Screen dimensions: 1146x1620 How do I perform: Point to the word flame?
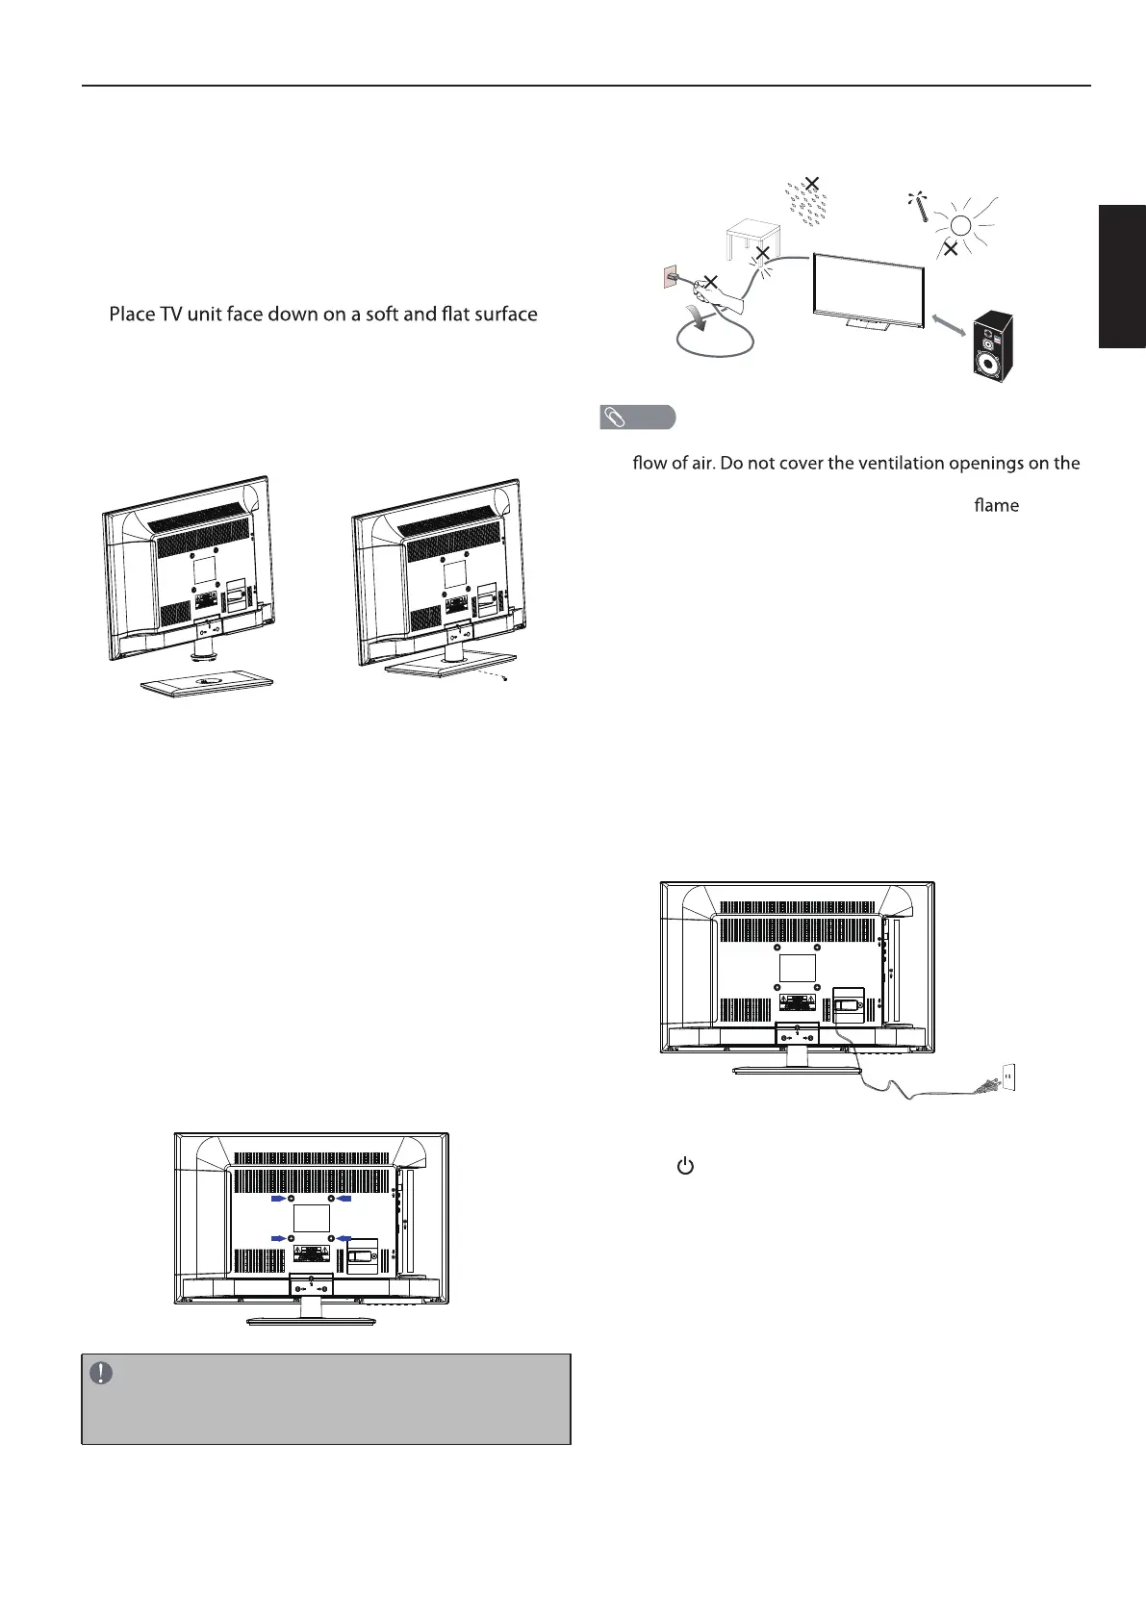click(x=996, y=505)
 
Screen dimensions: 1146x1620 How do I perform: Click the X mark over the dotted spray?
click(x=813, y=183)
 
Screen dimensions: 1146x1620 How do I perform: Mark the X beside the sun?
click(x=951, y=249)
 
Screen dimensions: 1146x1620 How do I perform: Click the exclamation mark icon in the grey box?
click(x=101, y=1373)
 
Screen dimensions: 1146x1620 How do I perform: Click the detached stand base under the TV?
click(x=207, y=683)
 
